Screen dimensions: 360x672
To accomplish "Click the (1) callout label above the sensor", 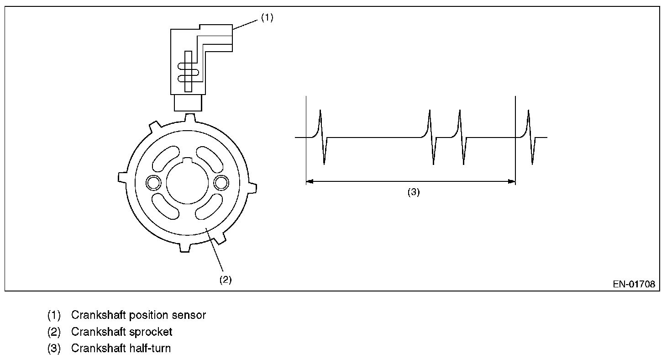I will (267, 18).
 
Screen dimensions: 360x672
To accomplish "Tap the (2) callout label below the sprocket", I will (226, 280).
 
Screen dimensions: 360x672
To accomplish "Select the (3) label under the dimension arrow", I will (413, 192).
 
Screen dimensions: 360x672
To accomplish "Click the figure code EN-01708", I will (634, 284).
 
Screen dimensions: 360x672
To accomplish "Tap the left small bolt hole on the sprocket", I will (152, 183).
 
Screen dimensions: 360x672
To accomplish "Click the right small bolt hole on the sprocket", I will (221, 182).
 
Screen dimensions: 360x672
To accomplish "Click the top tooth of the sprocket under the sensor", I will (190, 118).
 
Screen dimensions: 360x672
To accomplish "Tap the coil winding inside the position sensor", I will (188, 72).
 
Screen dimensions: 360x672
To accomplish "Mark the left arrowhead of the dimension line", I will (309, 181).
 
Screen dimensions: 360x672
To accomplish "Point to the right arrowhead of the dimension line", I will (512, 181).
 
